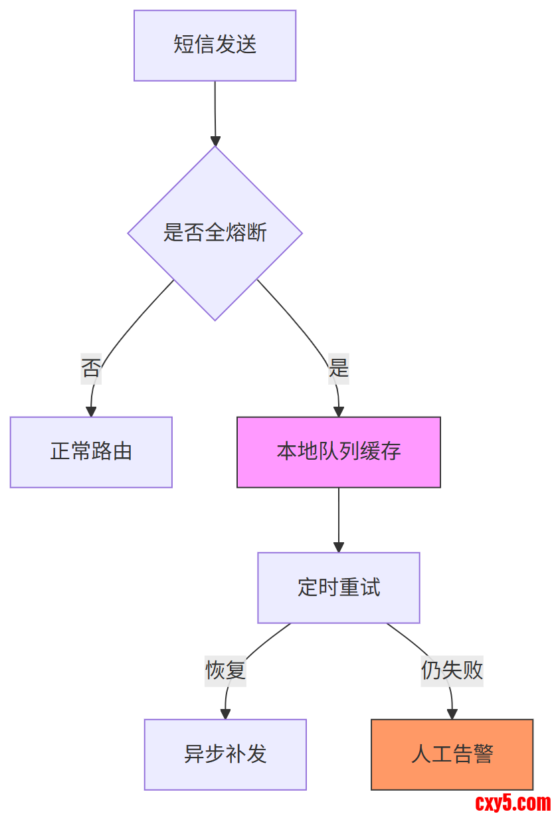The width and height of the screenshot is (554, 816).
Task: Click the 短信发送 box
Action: pyautogui.click(x=215, y=45)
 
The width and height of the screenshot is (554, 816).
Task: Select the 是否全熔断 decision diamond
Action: pyautogui.click(x=215, y=233)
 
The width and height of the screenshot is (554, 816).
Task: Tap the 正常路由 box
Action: pyautogui.click(x=91, y=452)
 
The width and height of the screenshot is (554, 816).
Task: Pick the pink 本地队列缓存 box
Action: pyautogui.click(x=339, y=452)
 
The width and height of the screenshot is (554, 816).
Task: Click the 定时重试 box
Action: pyautogui.click(x=339, y=587)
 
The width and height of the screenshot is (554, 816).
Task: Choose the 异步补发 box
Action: pyautogui.click(x=225, y=754)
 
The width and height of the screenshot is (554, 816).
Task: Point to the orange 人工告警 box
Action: pyautogui.click(x=452, y=754)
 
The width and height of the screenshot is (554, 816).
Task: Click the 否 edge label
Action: pyautogui.click(x=91, y=367)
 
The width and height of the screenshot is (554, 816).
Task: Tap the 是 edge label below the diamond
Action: pyautogui.click(x=339, y=367)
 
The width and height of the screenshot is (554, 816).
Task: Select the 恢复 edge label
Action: pyautogui.click(x=225, y=670)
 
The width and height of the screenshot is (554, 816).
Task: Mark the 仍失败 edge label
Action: pyautogui.click(x=452, y=670)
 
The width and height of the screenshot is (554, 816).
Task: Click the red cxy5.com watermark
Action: pyautogui.click(x=513, y=803)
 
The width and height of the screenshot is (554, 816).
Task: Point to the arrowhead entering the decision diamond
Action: pyautogui.click(x=215, y=141)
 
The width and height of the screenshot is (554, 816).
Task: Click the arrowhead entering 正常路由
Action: pyautogui.click(x=91, y=412)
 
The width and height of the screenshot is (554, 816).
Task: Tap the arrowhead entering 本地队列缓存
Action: pyautogui.click(x=339, y=412)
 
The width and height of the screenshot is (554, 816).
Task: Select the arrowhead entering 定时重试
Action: pyautogui.click(x=339, y=548)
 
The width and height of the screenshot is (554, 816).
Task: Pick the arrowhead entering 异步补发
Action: pyautogui.click(x=225, y=714)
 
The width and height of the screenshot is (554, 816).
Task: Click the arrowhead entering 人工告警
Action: pyautogui.click(x=452, y=714)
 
